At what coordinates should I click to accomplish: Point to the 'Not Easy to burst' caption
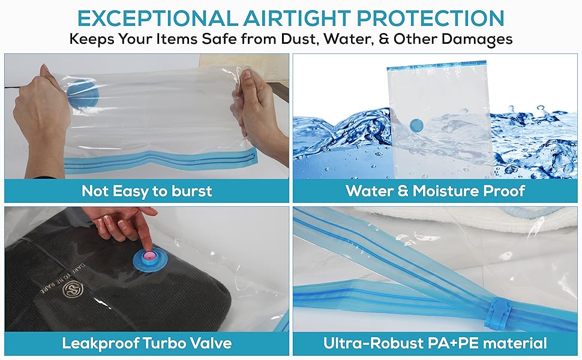tap(147, 191)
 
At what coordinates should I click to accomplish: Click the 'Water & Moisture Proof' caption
tap(435, 191)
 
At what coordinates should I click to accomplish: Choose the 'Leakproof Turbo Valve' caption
tap(147, 344)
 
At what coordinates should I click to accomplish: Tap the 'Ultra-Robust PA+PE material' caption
tap(435, 344)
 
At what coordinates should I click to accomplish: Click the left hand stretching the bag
tap(39, 108)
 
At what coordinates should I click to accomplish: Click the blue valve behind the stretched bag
tap(79, 96)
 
